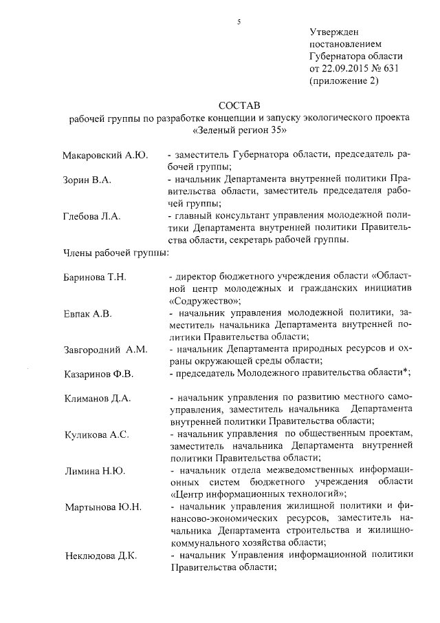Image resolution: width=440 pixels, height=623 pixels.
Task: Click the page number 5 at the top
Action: pyautogui.click(x=239, y=21)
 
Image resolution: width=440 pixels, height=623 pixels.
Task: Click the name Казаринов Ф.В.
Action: pyautogui.click(x=99, y=374)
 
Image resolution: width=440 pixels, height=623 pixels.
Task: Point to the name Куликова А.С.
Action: pyautogui.click(x=97, y=435)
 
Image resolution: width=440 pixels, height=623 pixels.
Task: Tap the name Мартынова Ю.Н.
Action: pyautogui.click(x=103, y=507)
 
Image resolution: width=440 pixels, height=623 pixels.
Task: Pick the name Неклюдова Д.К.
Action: pyautogui.click(x=100, y=556)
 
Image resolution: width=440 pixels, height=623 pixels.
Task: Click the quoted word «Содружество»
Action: pyautogui.click(x=204, y=301)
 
